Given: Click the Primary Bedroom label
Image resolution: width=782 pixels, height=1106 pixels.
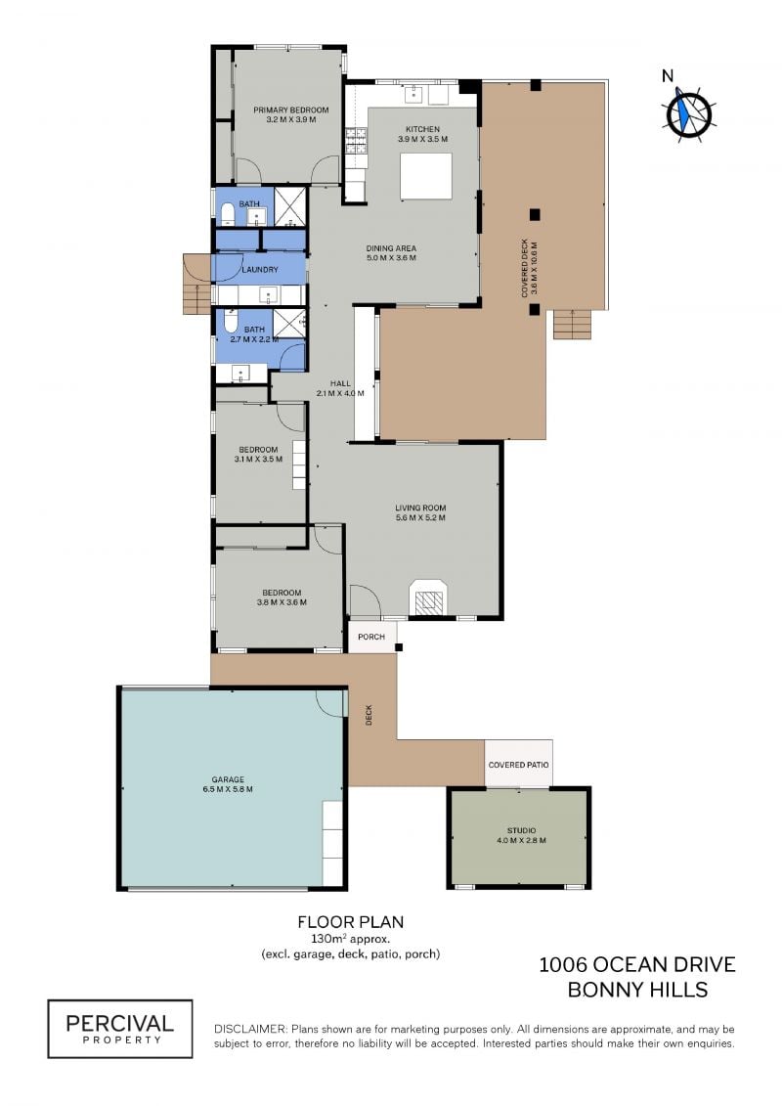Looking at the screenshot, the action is pos(290,111).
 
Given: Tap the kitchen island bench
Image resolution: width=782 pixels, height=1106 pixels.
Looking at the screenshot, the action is pos(426,176).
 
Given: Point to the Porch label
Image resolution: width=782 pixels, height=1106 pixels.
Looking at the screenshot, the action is pos(370,637).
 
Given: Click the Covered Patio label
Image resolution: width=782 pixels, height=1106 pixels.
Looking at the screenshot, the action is pos(518,765).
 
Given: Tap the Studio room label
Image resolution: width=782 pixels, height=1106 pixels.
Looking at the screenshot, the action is pos(521,830).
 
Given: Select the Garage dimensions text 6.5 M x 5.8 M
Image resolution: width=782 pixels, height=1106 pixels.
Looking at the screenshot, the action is pos(228,789).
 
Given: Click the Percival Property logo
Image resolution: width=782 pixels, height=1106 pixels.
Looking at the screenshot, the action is pos(120,1029).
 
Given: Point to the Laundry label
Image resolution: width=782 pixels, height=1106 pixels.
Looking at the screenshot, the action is pos(259,270).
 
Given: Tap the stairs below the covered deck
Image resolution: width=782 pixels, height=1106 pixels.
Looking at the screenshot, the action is pos(572,324).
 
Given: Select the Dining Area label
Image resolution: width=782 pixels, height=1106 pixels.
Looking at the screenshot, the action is pos(391,248).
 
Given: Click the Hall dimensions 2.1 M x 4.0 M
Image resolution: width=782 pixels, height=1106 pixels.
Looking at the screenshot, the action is pos(340,393).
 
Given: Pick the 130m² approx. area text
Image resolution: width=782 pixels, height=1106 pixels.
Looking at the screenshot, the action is pos(351,939).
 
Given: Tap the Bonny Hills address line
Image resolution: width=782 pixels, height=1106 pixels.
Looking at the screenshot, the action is pos(637,990).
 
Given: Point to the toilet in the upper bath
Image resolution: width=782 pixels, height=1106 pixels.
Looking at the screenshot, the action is pos(228,214).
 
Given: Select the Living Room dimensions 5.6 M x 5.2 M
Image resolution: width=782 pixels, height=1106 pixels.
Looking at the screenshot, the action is pos(420,517).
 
